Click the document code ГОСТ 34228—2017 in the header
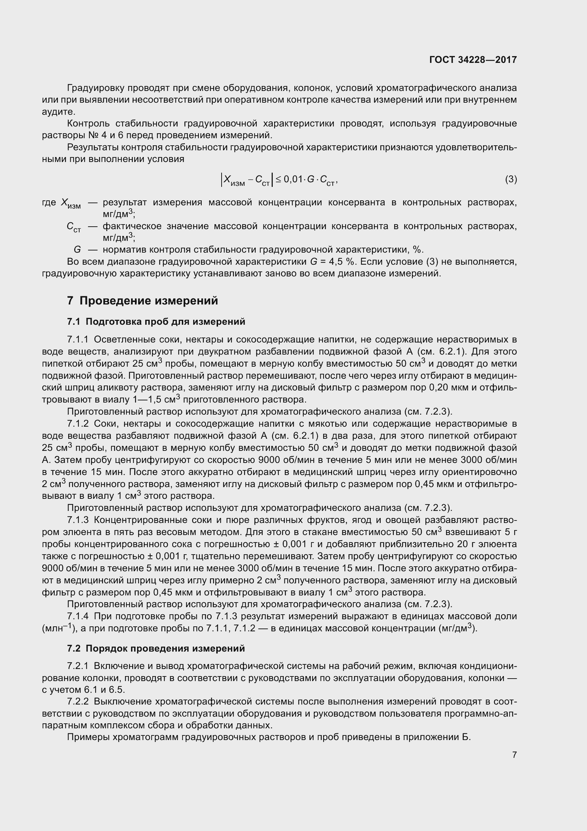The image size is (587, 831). click(x=473, y=60)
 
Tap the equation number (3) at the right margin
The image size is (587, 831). click(x=511, y=179)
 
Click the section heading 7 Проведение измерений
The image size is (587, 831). click(x=142, y=301)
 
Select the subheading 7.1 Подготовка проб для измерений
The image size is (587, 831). click(x=156, y=322)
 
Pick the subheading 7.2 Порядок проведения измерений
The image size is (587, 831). click(x=156, y=648)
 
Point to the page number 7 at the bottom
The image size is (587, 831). click(x=514, y=755)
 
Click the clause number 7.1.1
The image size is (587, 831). click(x=78, y=340)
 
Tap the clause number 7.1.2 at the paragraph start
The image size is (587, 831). click(x=78, y=424)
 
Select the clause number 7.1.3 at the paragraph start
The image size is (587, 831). click(x=78, y=520)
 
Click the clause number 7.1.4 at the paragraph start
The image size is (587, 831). click(x=78, y=616)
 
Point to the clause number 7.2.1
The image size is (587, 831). click(x=78, y=666)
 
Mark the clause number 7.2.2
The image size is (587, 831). click(x=78, y=702)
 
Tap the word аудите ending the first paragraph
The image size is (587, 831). click(x=58, y=112)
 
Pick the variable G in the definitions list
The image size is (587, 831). click(x=77, y=250)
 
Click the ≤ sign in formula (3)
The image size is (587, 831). click(x=278, y=179)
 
